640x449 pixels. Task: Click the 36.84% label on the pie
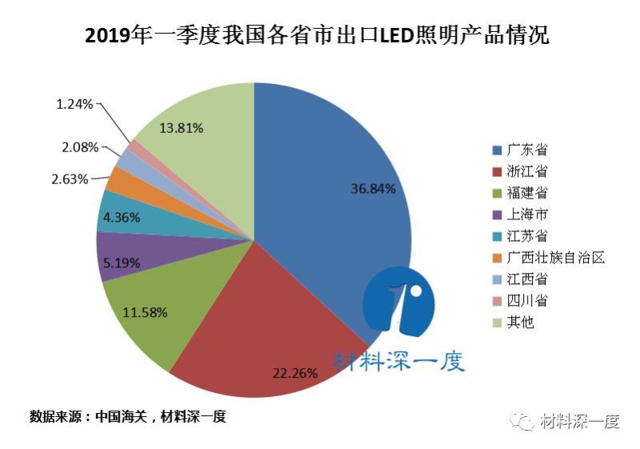(373, 189)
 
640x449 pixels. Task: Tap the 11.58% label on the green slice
(145, 312)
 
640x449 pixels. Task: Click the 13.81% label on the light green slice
(181, 127)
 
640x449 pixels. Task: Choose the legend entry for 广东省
(521, 150)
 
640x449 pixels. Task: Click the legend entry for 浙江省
(521, 171)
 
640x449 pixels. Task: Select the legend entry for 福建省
(521, 193)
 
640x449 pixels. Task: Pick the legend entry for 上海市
(521, 214)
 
